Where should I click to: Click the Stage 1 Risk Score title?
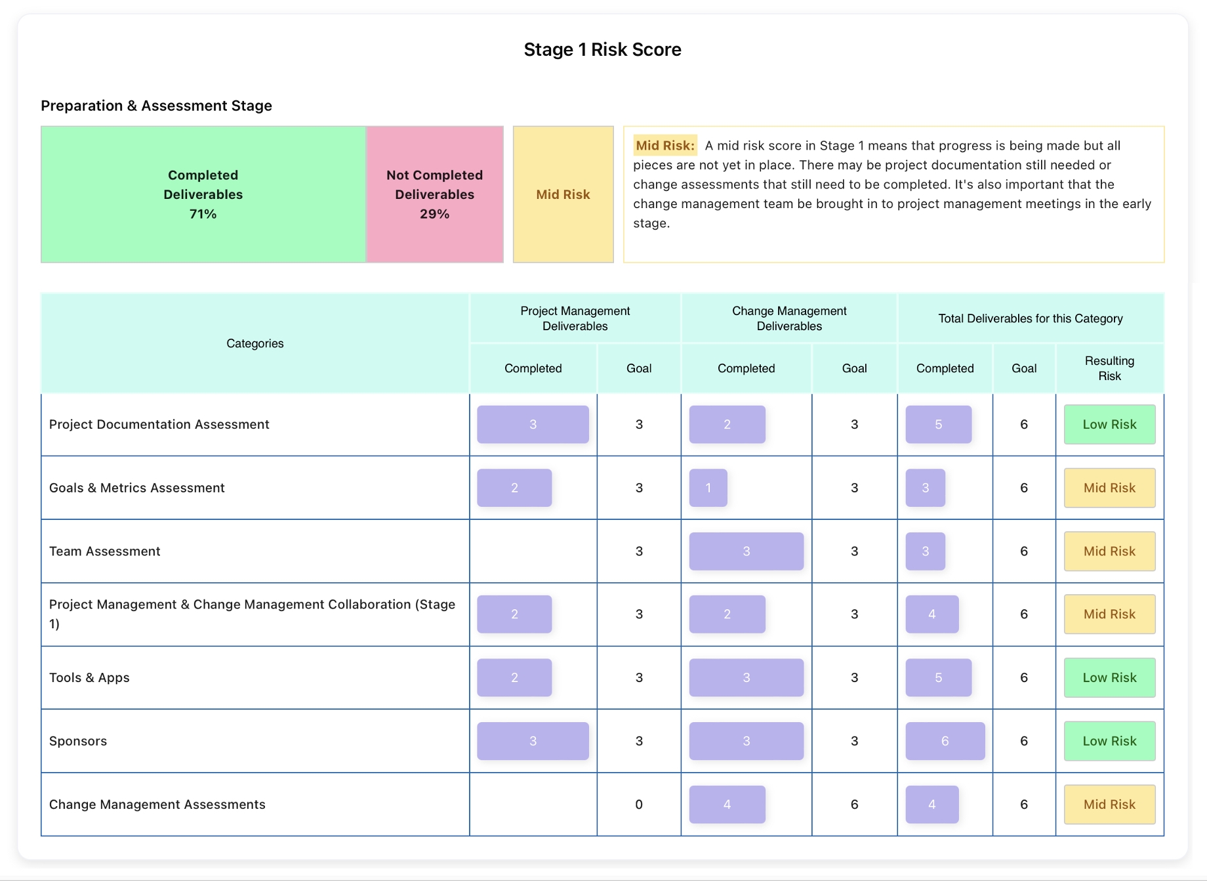pyautogui.click(x=602, y=50)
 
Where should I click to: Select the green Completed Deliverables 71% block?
pyautogui.click(x=203, y=194)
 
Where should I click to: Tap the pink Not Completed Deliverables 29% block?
pyautogui.click(x=434, y=194)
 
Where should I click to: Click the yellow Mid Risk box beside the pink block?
pyautogui.click(x=563, y=194)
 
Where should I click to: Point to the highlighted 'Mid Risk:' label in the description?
pyautogui.click(x=665, y=146)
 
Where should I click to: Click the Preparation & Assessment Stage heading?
pyautogui.click(x=156, y=106)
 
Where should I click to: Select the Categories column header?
pyautogui.click(x=255, y=343)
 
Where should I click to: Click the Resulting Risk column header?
pyautogui.click(x=1109, y=368)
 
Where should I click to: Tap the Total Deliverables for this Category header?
pyautogui.click(x=1030, y=318)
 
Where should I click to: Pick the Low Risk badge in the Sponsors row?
pyautogui.click(x=1109, y=741)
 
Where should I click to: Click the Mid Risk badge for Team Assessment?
pyautogui.click(x=1109, y=551)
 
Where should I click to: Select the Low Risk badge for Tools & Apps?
pyautogui.click(x=1109, y=677)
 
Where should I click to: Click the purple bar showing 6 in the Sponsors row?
pyautogui.click(x=945, y=741)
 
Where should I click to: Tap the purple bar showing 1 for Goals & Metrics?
pyautogui.click(x=708, y=488)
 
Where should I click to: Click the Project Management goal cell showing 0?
pyautogui.click(x=638, y=804)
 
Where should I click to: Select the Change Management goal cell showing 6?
pyautogui.click(x=854, y=804)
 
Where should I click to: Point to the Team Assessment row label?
pyautogui.click(x=105, y=551)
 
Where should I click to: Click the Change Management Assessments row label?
pyautogui.click(x=157, y=804)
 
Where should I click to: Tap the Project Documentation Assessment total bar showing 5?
pyautogui.click(x=938, y=425)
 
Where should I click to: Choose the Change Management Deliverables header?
pyautogui.click(x=789, y=318)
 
